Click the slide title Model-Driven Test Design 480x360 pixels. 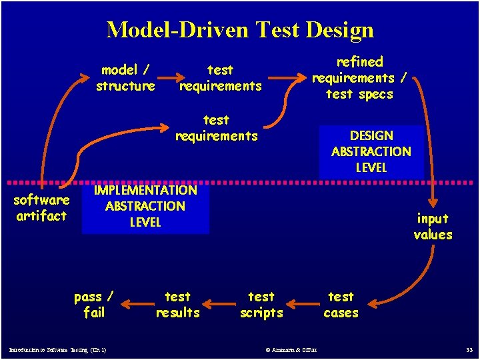[x=240, y=29]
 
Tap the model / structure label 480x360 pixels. [x=125, y=78]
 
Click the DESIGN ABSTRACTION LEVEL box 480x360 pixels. [x=371, y=152]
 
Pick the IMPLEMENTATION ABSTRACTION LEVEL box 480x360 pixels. [x=145, y=207]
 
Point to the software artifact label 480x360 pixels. [x=41, y=208]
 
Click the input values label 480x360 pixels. [x=433, y=227]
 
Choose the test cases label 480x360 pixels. [x=341, y=305]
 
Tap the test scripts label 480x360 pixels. [x=261, y=305]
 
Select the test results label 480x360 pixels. [x=177, y=305]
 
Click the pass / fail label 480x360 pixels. [x=93, y=305]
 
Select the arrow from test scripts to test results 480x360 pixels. [x=219, y=307]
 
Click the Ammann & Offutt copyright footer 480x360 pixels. [x=291, y=350]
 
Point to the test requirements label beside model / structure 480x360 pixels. [x=220, y=78]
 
